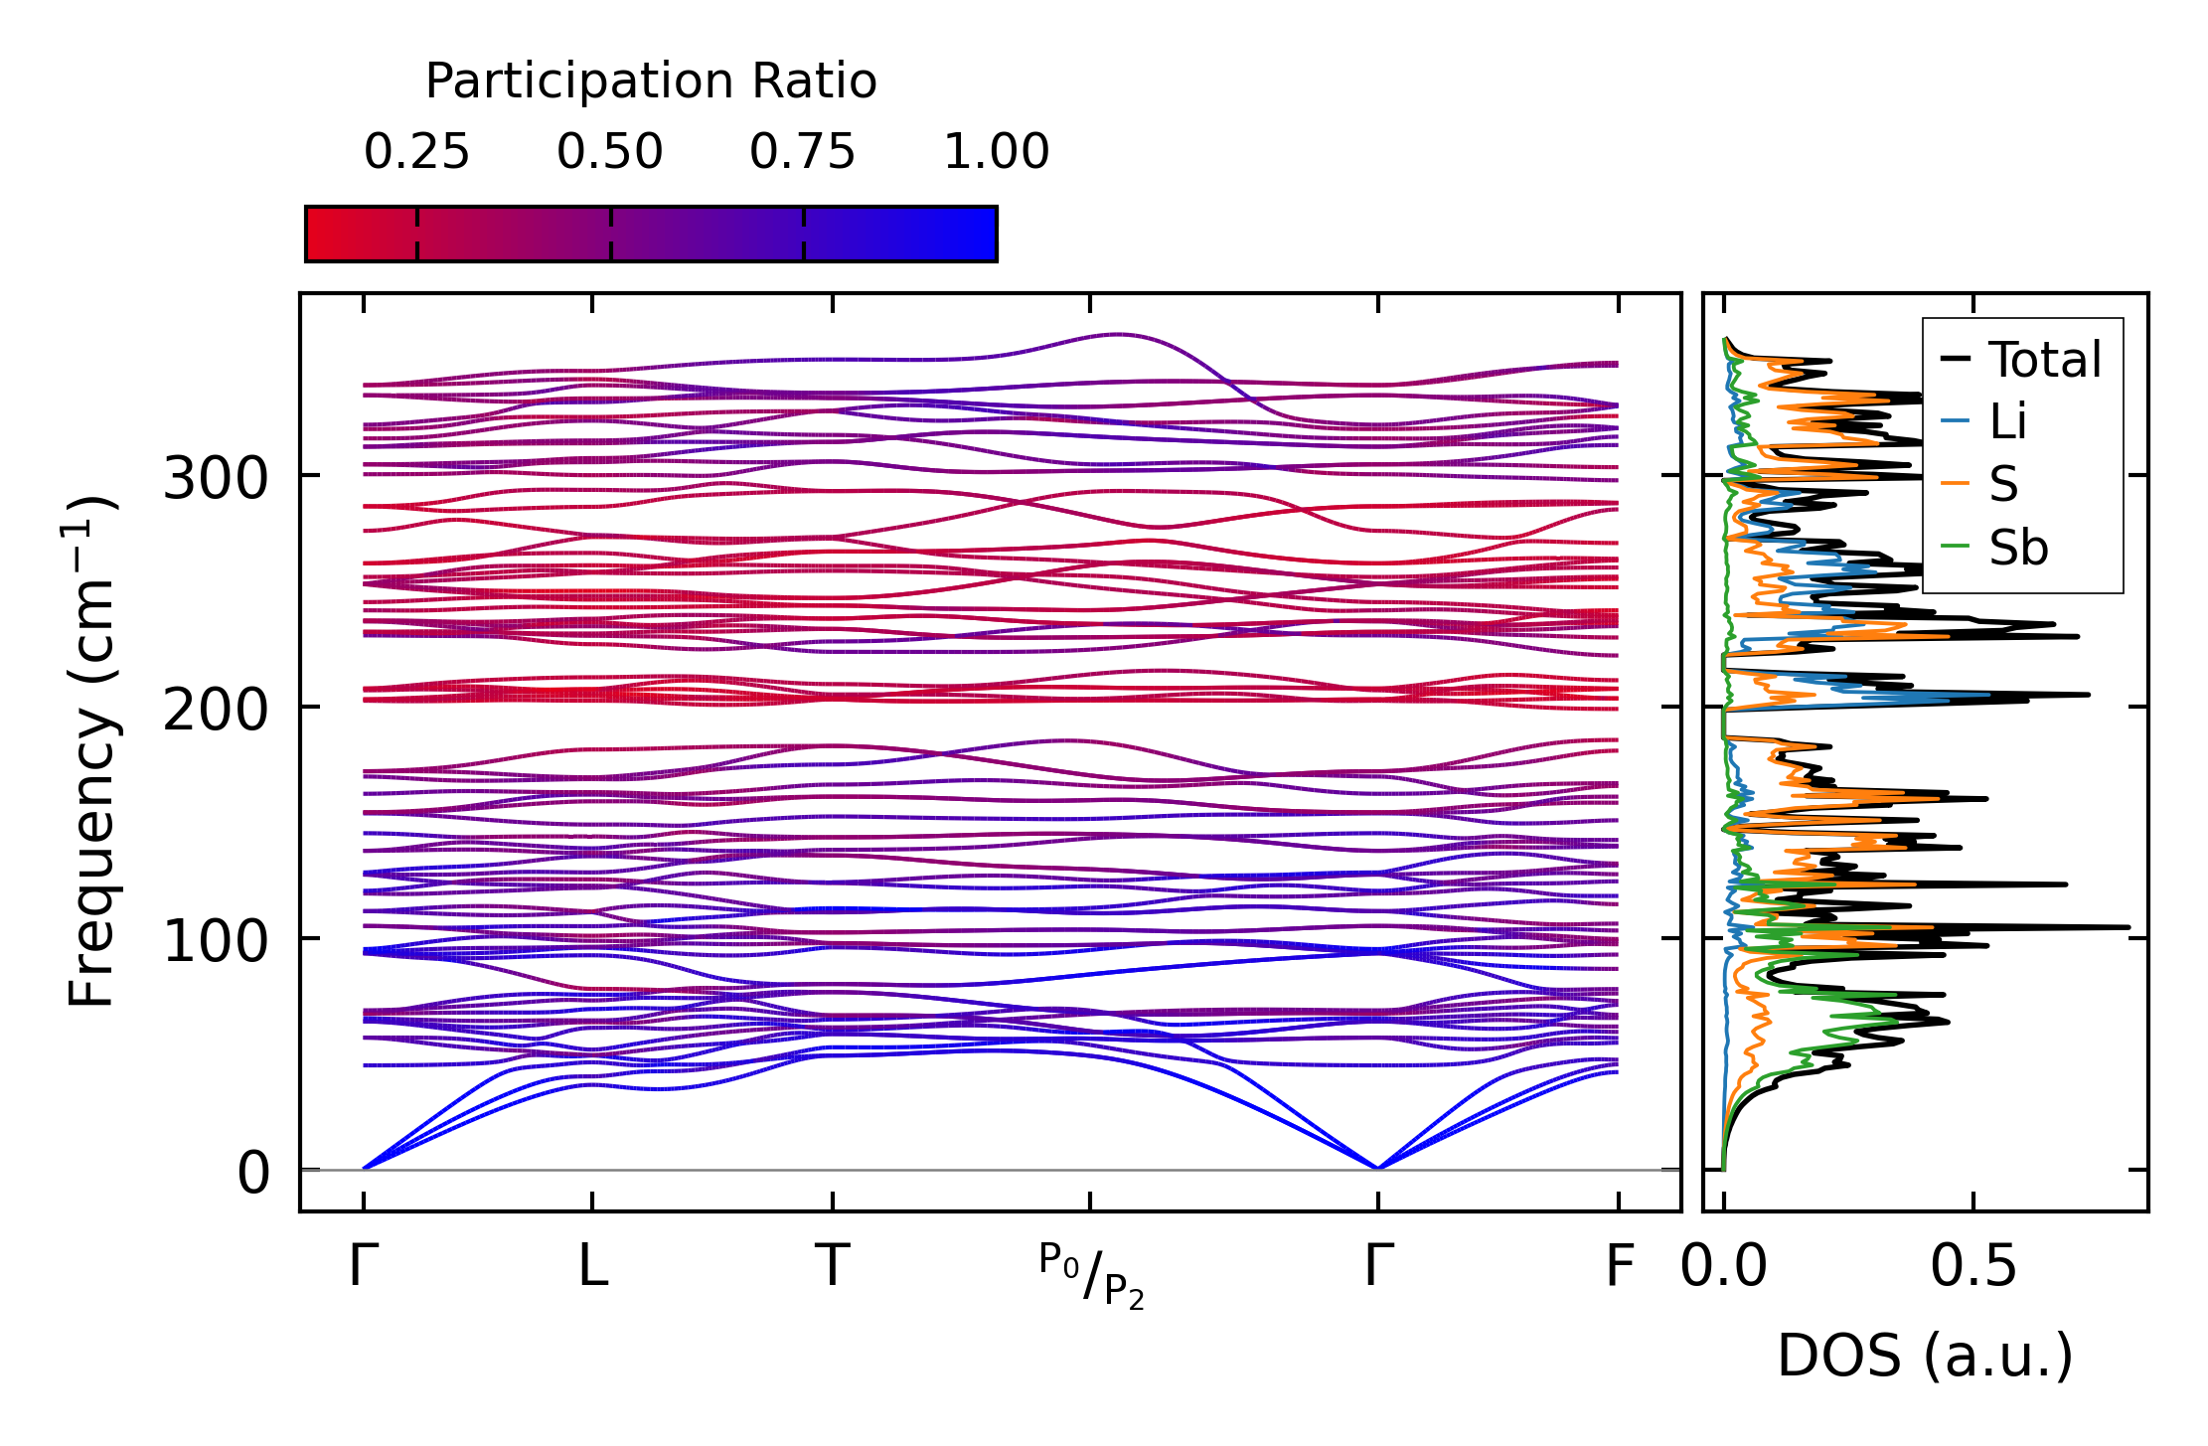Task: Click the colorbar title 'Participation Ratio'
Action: pos(651,80)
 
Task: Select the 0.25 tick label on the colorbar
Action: pos(416,152)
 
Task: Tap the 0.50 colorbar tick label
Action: pos(609,152)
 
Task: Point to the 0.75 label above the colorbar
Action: pos(802,152)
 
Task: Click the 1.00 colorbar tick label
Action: pos(996,152)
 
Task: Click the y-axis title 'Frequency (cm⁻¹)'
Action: pos(91,751)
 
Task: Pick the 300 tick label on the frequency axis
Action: pos(216,478)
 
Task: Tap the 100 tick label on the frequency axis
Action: pos(216,941)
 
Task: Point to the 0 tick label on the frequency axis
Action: pos(253,1173)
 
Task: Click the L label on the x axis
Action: pos(593,1266)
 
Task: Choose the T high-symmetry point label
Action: pos(832,1266)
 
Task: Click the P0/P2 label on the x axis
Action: pos(1091,1275)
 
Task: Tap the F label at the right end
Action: pos(1620,1266)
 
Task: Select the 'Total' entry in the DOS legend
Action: pos(2044,359)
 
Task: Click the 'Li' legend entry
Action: pos(2007,421)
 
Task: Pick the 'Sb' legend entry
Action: pos(2017,548)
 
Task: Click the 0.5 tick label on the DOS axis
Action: pos(1973,1266)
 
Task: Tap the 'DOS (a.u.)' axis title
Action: pos(1925,1356)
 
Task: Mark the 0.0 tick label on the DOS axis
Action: pos(1724,1266)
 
